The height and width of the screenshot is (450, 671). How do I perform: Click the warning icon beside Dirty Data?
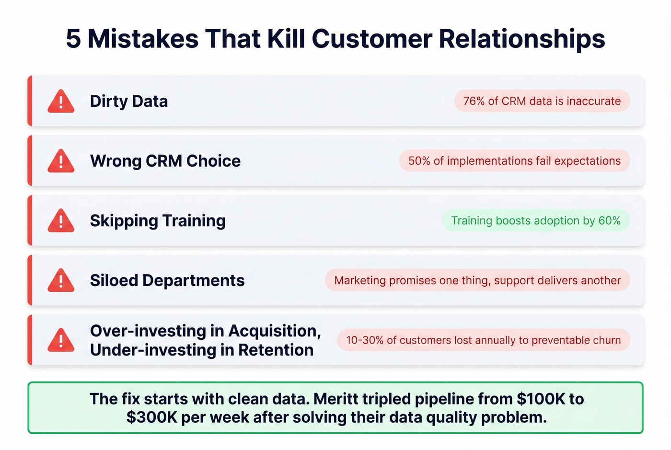61,102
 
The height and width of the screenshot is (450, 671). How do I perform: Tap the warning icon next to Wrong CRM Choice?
61,162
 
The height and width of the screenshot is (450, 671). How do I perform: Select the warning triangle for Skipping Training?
61,221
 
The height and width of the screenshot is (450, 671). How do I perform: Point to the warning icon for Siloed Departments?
61,281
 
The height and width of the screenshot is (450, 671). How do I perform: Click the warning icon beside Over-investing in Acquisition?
61,341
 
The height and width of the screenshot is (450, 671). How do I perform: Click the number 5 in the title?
73,39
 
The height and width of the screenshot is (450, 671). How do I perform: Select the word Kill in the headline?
286,39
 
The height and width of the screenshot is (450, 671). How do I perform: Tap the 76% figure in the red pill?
474,101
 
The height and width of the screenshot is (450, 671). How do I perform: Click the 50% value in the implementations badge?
419,161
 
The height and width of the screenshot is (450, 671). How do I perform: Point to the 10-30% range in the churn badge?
365,340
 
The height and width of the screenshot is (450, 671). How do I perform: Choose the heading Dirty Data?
129,102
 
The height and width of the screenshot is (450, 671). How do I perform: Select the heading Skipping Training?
158,221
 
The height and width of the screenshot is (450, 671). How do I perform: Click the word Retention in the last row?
276,350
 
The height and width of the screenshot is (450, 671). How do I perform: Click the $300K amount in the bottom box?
151,417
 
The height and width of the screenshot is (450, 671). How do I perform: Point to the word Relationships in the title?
522,39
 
